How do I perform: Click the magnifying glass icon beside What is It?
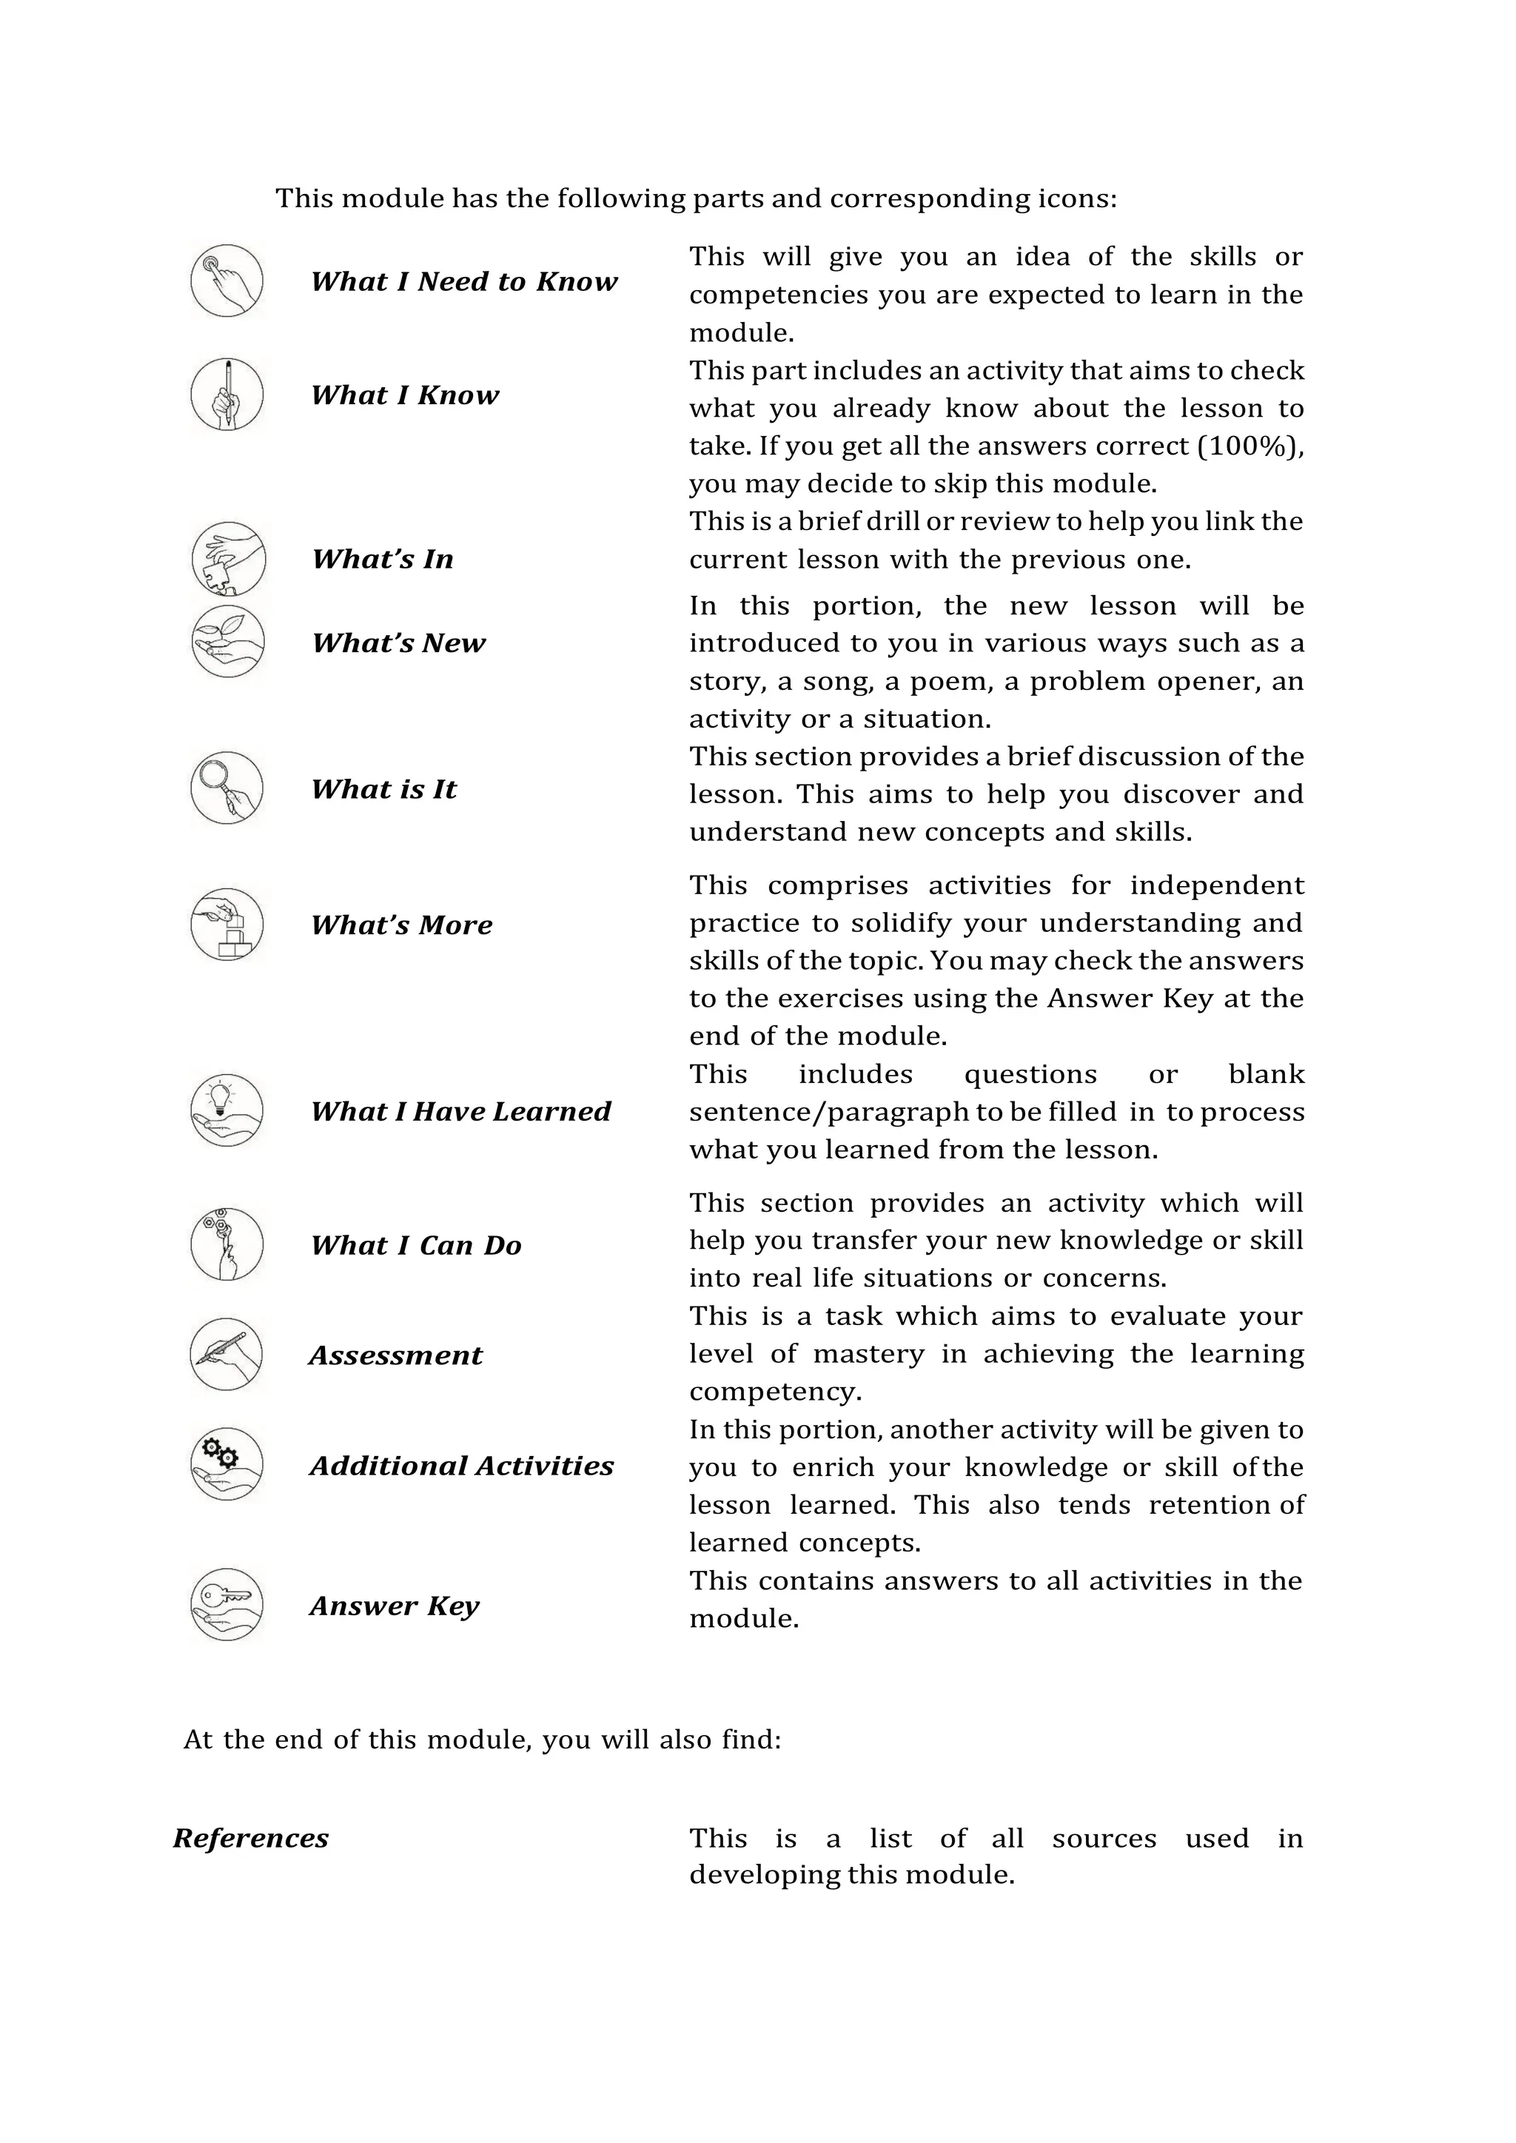(227, 788)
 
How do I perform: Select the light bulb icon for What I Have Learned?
(227, 1110)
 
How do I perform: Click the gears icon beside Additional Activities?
(227, 1463)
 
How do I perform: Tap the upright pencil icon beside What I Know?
(227, 394)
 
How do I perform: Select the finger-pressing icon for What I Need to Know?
(227, 280)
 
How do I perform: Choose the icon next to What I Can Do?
(227, 1244)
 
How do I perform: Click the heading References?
(250, 1838)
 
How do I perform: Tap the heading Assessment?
(396, 1355)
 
